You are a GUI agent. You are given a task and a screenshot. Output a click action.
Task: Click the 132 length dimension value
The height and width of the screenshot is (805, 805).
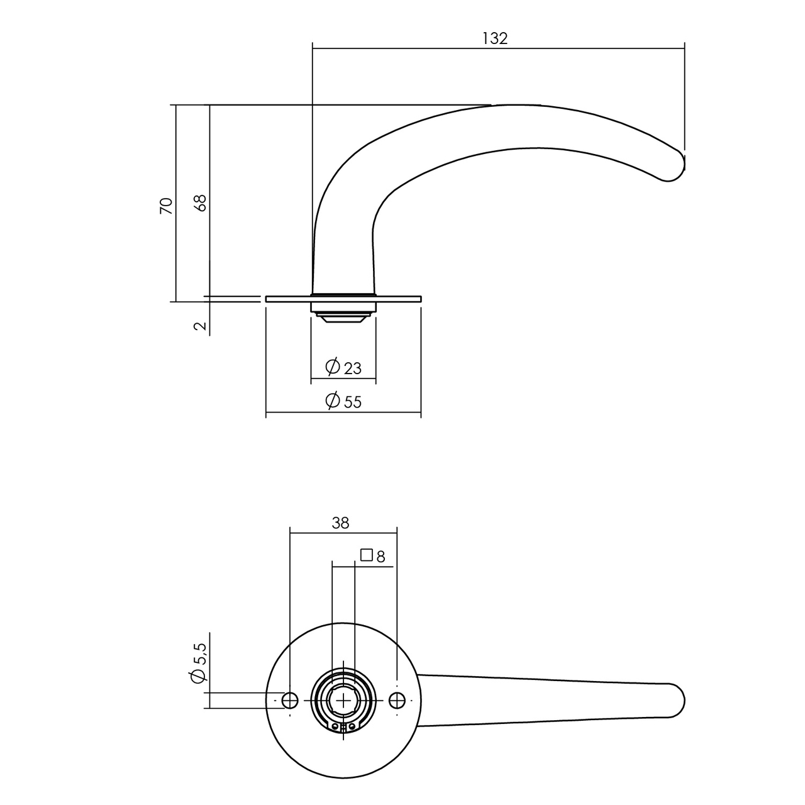(x=495, y=38)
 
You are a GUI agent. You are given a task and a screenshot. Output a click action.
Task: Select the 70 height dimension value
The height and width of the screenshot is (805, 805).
(x=166, y=206)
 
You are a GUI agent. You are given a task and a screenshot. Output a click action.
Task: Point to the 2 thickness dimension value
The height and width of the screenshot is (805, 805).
(x=199, y=326)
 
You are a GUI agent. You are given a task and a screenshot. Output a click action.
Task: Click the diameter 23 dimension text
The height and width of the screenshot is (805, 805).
(x=352, y=368)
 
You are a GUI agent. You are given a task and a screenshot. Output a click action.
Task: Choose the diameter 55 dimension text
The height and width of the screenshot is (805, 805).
(x=352, y=402)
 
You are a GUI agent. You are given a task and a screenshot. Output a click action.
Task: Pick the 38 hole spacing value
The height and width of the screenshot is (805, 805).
(x=340, y=523)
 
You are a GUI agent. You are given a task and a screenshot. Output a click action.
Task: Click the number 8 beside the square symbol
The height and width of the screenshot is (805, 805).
(x=380, y=556)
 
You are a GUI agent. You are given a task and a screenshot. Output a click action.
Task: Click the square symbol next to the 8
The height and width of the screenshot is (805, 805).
(x=366, y=555)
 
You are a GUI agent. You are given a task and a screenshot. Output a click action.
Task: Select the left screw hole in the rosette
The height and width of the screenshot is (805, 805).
(x=290, y=700)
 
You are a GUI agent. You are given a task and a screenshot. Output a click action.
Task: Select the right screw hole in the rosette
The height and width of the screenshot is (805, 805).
(x=397, y=700)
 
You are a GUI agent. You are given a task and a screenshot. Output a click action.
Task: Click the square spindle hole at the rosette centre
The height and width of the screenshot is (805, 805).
(x=343, y=700)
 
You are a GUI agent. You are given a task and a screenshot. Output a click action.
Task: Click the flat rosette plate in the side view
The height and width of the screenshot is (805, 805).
(x=402, y=299)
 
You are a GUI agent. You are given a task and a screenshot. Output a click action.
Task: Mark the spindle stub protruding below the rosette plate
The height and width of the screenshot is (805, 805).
(x=343, y=314)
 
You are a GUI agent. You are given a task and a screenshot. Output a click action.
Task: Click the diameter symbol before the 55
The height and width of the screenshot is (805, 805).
(x=333, y=400)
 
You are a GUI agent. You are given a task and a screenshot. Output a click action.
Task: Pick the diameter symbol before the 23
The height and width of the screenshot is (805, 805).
(x=333, y=366)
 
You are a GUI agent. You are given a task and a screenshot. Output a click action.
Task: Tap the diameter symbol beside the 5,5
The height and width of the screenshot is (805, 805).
(x=197, y=676)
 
